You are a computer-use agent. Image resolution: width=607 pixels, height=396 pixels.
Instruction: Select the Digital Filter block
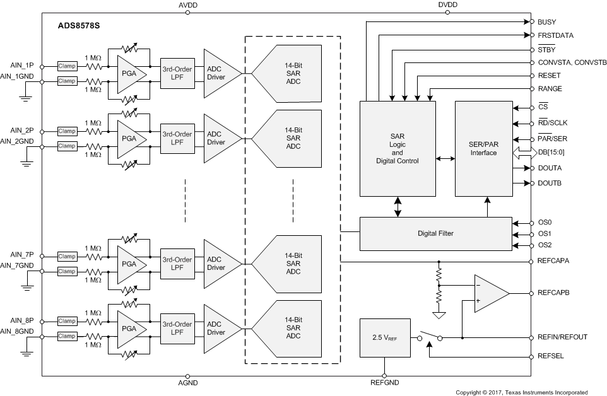tap(435, 233)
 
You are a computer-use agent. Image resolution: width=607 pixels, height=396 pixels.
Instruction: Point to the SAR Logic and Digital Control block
tap(397, 148)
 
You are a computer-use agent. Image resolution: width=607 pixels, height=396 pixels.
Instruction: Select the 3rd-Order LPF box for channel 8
tap(177, 327)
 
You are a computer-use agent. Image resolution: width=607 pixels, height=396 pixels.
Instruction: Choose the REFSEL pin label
tap(550, 356)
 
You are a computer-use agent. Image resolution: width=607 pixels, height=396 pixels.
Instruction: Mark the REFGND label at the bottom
tap(384, 383)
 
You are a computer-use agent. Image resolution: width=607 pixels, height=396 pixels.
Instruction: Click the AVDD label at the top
tap(187, 5)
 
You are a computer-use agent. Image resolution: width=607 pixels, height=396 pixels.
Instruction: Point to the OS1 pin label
tap(545, 234)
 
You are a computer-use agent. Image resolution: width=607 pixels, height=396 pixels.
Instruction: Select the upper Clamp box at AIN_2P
tap(67, 131)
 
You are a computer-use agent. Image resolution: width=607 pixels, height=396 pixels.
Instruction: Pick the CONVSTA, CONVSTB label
tap(572, 62)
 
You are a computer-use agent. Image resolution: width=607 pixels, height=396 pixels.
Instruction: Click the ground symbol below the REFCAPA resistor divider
tap(438, 314)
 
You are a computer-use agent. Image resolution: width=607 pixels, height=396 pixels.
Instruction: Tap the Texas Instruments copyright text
tap(522, 392)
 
